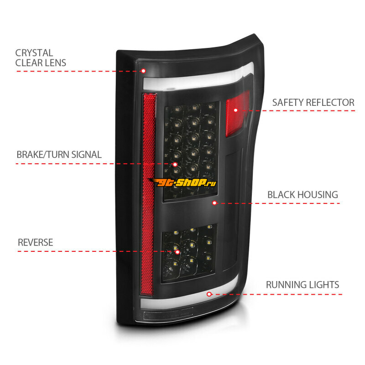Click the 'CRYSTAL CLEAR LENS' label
(x=41, y=58)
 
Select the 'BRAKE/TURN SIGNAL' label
(x=59, y=154)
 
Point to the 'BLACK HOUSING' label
(x=302, y=195)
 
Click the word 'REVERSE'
(x=35, y=242)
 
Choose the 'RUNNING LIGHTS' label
(x=302, y=285)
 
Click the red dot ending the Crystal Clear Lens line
(x=143, y=71)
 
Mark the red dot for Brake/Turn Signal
(x=175, y=164)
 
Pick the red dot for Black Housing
(x=214, y=203)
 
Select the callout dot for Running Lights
(x=209, y=294)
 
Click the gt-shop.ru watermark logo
(x=182, y=183)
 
